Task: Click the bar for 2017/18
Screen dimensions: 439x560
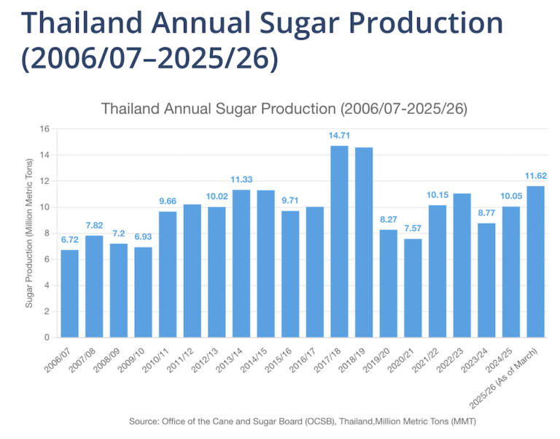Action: (x=339, y=241)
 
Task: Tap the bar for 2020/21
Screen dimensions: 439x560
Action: (x=413, y=288)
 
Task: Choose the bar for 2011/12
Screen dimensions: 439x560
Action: (x=192, y=271)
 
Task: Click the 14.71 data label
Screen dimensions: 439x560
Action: (x=339, y=136)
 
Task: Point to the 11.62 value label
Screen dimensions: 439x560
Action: (x=535, y=176)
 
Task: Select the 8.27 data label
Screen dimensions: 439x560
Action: (x=388, y=219)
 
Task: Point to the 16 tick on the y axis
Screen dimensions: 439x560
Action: (x=44, y=129)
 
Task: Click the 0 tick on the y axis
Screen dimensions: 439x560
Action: (x=46, y=338)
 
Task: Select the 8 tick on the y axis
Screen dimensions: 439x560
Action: (x=46, y=233)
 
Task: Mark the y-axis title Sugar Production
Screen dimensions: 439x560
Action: (x=30, y=233)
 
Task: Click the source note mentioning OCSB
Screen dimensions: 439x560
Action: (x=302, y=421)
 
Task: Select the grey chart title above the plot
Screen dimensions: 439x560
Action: (x=284, y=109)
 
